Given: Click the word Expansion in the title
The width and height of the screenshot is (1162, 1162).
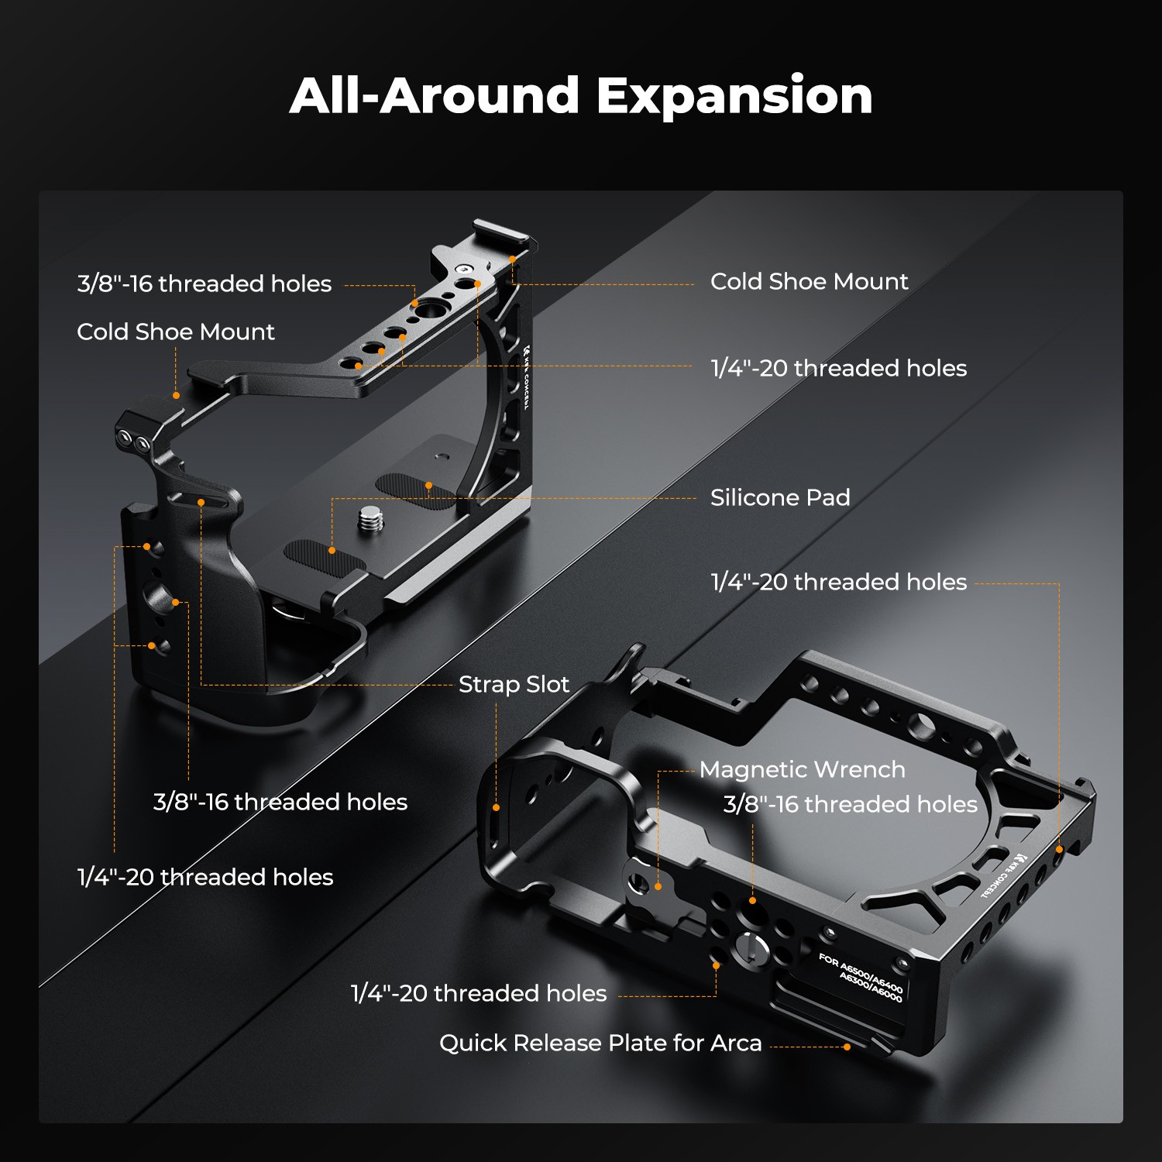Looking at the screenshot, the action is pyautogui.click(x=734, y=97).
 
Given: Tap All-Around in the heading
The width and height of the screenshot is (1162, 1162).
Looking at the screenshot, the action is pyautogui.click(x=435, y=95).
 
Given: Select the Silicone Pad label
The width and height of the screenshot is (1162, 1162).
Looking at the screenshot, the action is pyautogui.click(x=780, y=497).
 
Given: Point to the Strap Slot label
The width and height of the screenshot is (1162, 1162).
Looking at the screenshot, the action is pyautogui.click(x=514, y=685).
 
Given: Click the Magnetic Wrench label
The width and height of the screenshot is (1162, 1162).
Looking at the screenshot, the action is pyautogui.click(x=802, y=769).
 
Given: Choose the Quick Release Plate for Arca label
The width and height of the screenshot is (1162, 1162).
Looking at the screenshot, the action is pyautogui.click(x=600, y=1043).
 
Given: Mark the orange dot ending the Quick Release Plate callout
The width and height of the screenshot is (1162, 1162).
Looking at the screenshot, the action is pyautogui.click(x=847, y=1047).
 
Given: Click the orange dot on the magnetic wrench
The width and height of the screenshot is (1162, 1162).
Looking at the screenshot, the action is pyautogui.click(x=658, y=886).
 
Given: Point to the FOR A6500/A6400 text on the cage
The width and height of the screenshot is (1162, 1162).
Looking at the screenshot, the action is pyautogui.click(x=860, y=972).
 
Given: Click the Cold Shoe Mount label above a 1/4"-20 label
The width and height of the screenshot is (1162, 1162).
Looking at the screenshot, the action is pyautogui.click(x=809, y=281).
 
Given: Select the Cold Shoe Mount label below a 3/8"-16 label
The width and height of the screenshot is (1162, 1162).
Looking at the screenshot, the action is pyautogui.click(x=176, y=332).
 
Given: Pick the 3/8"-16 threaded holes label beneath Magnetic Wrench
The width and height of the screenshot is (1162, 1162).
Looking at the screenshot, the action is pyautogui.click(x=851, y=804).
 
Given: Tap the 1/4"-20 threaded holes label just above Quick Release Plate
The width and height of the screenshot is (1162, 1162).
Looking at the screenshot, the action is pyautogui.click(x=479, y=993).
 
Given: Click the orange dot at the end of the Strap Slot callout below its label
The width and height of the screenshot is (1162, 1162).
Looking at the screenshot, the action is pyautogui.click(x=497, y=807).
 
